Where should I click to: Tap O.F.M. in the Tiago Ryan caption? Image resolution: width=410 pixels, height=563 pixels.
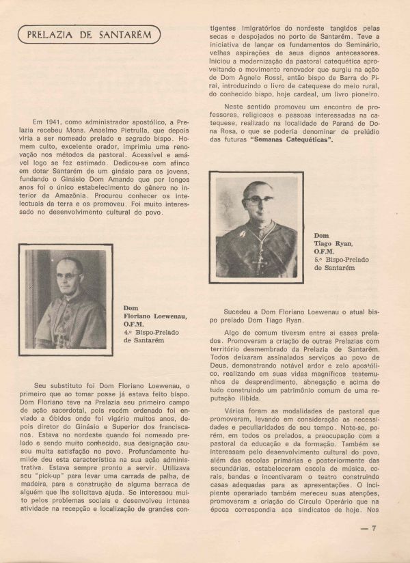325,251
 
